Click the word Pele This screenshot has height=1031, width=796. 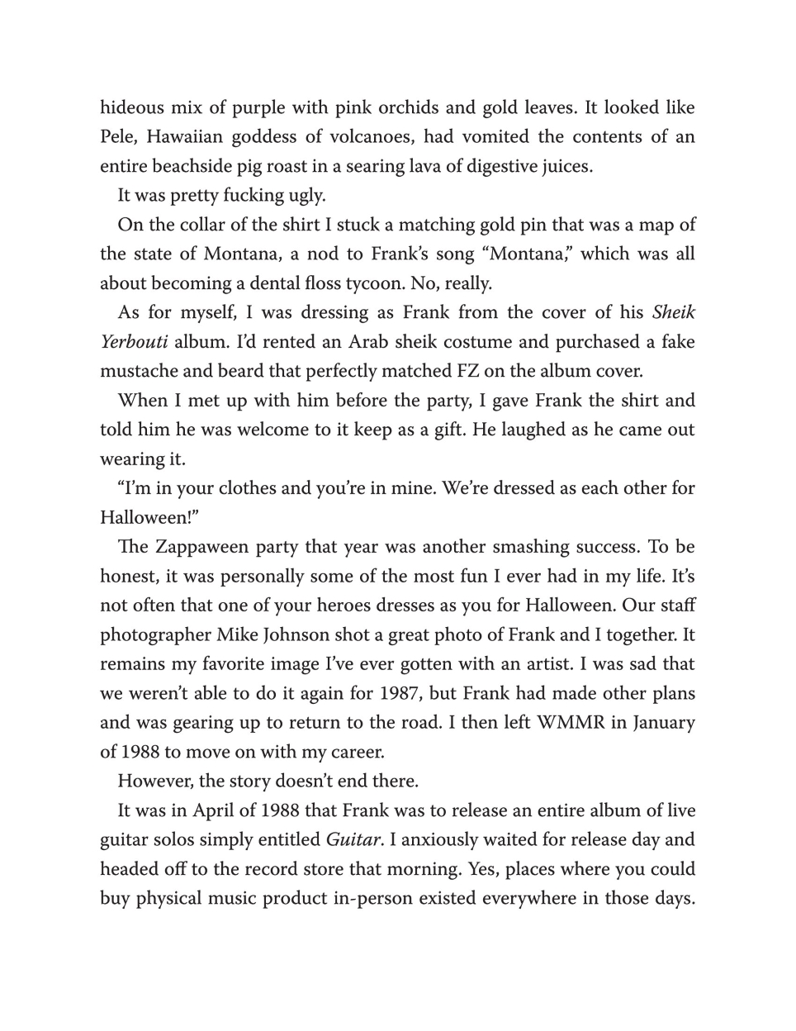[x=118, y=137]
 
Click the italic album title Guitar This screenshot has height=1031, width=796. [x=354, y=840]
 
